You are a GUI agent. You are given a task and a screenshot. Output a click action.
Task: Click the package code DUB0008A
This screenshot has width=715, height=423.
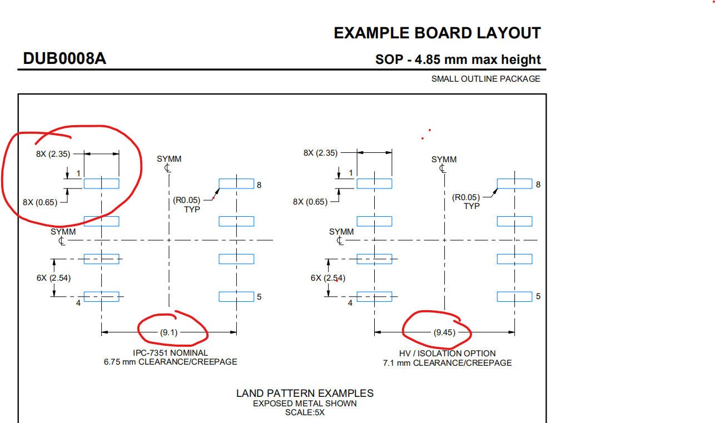coord(64,58)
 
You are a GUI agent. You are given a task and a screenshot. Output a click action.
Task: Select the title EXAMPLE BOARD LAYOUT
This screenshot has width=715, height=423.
coord(437,33)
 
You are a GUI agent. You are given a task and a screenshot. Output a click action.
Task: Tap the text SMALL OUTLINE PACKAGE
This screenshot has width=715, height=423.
coord(485,79)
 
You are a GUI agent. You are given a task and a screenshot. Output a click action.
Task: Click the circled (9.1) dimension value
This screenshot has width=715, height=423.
coord(169,332)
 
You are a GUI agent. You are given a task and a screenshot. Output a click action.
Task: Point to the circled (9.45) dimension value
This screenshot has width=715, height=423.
coord(444,333)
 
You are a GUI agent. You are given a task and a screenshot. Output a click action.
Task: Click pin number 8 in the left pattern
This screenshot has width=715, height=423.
coord(259,185)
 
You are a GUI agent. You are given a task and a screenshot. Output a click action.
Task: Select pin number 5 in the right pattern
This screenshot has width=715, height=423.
coord(538,297)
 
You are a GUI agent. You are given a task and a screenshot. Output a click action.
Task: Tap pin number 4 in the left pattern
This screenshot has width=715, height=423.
coord(78,303)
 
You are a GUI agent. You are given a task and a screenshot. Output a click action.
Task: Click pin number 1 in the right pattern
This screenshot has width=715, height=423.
coord(351,173)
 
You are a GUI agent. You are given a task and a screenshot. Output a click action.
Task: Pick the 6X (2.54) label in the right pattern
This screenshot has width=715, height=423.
coord(327,278)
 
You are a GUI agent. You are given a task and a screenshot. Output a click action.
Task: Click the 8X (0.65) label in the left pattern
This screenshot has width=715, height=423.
coord(40,202)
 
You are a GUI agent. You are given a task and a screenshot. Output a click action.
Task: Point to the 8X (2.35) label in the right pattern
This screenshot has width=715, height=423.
coord(320,153)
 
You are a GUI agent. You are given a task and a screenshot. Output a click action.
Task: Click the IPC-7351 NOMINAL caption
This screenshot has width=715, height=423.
coord(170,353)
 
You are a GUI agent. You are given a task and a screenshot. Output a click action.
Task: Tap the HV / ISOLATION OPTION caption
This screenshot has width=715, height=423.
coord(447,354)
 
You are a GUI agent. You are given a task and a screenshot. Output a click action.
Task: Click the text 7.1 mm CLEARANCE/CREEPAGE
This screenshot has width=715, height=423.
coord(447,363)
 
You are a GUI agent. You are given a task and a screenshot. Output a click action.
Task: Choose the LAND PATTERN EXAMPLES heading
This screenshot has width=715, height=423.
coord(305,394)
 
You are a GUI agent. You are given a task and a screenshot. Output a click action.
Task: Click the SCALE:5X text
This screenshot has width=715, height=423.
coord(305,413)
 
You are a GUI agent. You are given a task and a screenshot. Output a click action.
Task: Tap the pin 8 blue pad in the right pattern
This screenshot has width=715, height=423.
coord(514,183)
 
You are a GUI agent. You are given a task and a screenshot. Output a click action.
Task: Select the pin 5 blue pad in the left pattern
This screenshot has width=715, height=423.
coord(236,296)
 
